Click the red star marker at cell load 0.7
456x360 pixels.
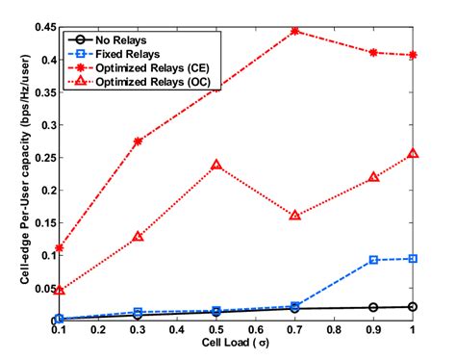tap(295, 31)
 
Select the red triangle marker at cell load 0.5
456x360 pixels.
tap(216, 165)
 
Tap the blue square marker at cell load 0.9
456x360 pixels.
tap(374, 260)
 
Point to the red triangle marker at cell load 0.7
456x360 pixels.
tap(295, 216)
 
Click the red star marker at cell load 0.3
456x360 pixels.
tap(138, 141)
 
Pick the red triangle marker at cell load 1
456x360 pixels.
tap(413, 153)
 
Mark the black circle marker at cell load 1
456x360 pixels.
tap(413, 306)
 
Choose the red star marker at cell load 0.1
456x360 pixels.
tap(60, 248)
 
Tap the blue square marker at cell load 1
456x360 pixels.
tap(413, 258)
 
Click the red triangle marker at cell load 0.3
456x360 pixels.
tap(138, 236)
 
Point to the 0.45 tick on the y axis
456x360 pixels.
tap(43, 26)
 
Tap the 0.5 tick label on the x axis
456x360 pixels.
tap(216, 330)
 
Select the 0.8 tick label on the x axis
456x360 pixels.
tap(335, 330)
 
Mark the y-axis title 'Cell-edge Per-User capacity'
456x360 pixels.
tap(13, 173)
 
